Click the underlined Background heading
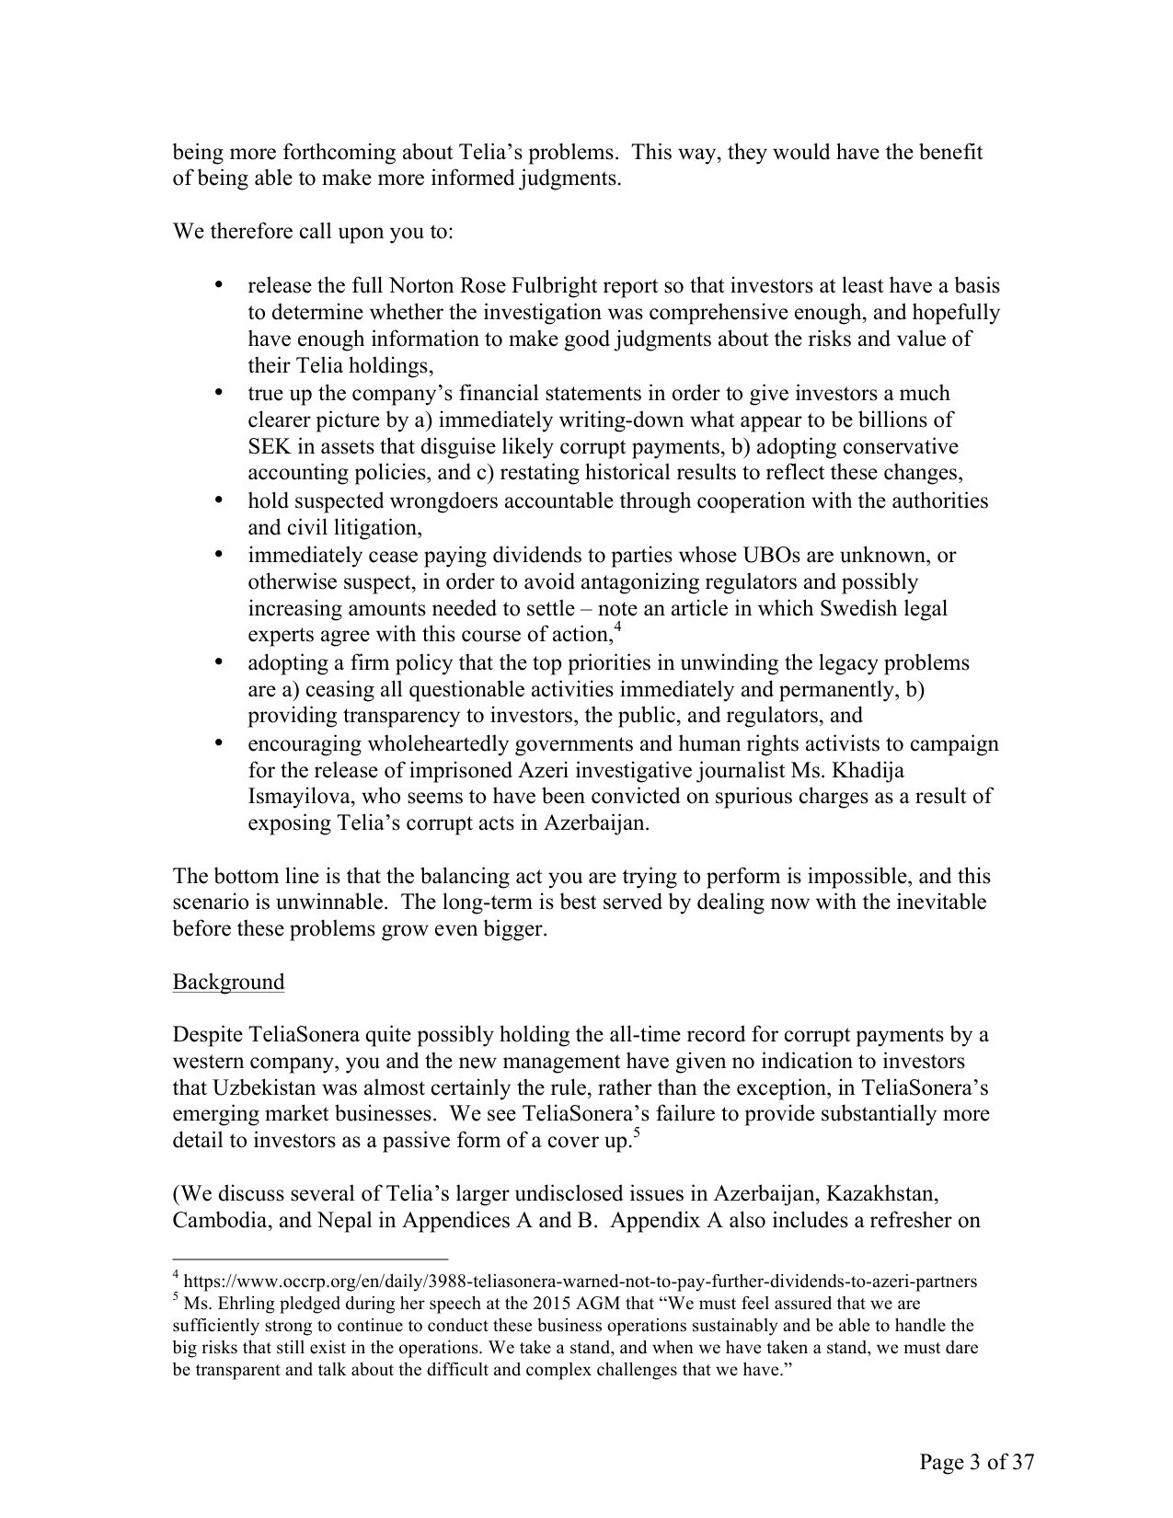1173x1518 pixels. [x=228, y=982]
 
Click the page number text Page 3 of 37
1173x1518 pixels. [x=976, y=1463]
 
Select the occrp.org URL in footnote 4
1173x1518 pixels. [x=581, y=1281]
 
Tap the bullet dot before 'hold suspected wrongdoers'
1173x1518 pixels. [x=219, y=500]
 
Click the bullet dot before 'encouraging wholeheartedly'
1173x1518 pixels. [x=219, y=742]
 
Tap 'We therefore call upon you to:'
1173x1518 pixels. [x=313, y=231]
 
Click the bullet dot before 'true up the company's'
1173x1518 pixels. [x=219, y=393]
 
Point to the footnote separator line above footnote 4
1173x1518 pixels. [x=310, y=1259]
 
